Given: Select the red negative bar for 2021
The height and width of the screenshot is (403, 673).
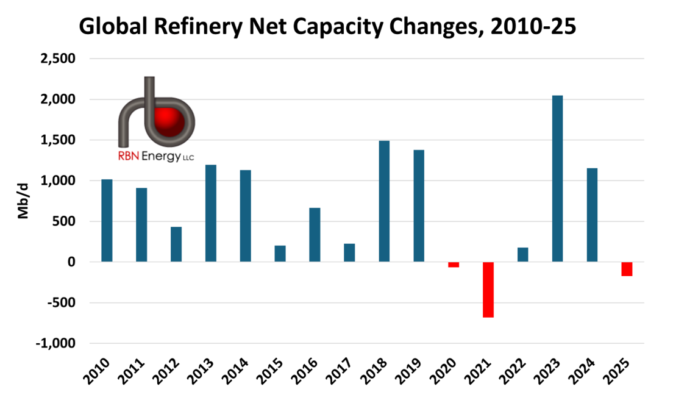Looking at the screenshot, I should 488,290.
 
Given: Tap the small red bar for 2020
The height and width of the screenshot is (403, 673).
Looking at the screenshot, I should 454,265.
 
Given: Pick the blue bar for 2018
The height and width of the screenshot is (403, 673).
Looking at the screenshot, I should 384,201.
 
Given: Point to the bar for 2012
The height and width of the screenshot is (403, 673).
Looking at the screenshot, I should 176,244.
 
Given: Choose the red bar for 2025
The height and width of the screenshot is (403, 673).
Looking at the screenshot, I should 627,269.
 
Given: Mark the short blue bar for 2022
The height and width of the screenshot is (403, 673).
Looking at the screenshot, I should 522,255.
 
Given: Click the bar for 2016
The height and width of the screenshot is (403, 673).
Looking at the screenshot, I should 315,235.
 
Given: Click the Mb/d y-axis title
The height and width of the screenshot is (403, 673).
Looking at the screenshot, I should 24,201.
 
